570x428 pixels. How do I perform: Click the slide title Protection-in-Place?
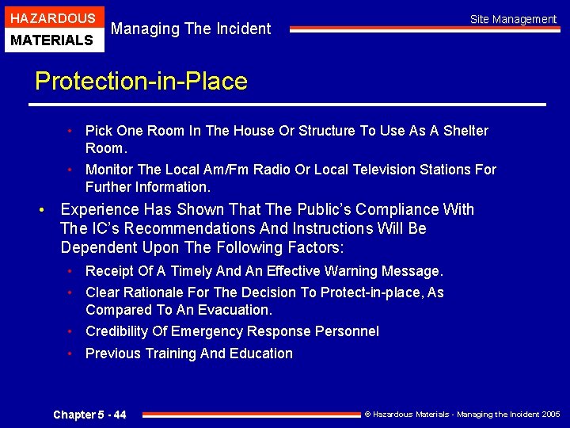(141, 81)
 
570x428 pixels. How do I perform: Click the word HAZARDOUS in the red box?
(52, 17)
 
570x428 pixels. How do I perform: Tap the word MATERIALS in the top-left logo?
(52, 39)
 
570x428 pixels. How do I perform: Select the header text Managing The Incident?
(191, 29)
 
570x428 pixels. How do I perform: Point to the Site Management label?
(513, 19)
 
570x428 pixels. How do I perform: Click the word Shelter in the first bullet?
(463, 131)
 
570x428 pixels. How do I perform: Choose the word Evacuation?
(235, 310)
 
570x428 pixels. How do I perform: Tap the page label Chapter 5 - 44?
(89, 415)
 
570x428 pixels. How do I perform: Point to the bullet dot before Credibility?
(70, 331)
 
